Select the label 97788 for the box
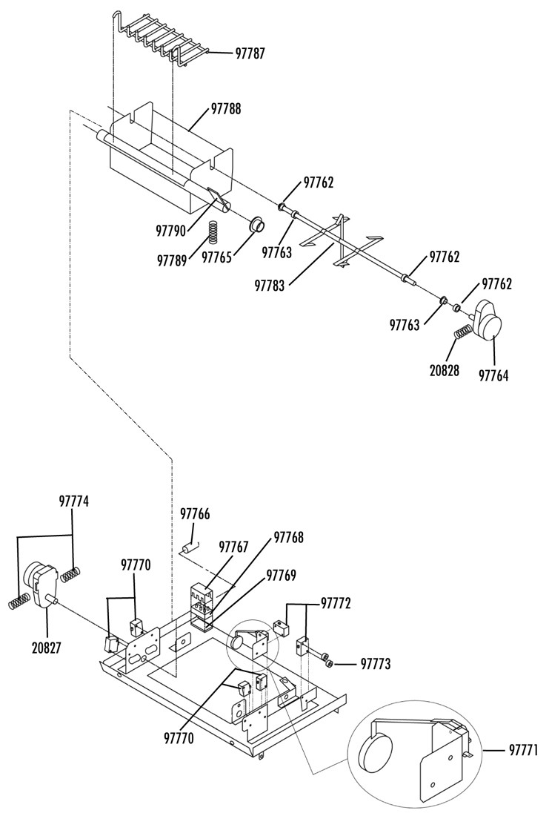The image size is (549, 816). (226, 109)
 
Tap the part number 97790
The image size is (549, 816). (171, 230)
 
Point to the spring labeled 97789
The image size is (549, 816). (213, 231)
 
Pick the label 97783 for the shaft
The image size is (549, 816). (270, 285)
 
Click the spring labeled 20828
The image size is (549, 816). (462, 331)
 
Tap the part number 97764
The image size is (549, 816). (493, 376)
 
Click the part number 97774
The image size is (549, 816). (74, 501)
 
